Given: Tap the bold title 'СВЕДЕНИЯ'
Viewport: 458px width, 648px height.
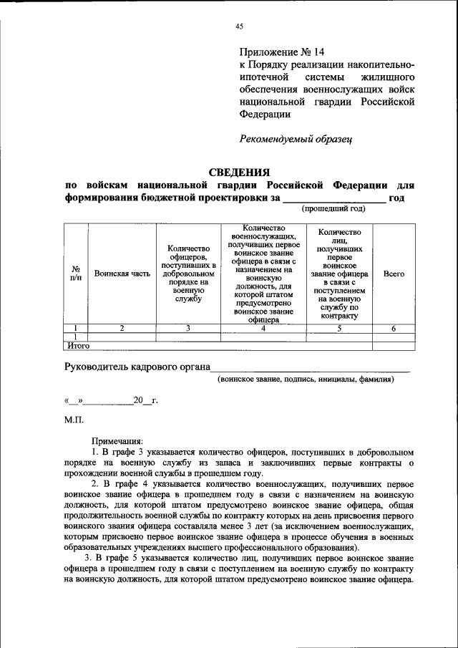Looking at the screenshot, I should click(x=239, y=173).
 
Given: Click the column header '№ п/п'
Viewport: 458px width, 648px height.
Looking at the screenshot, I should click(x=76, y=274).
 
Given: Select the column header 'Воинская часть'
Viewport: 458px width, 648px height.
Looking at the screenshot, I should click(x=122, y=274).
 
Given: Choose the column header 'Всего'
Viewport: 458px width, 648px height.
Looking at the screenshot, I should click(x=394, y=274).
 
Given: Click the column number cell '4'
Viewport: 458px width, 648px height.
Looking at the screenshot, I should click(x=263, y=328).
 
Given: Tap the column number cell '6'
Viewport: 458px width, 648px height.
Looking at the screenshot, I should click(x=394, y=328).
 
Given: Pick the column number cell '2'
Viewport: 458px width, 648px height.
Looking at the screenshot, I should click(x=122, y=328).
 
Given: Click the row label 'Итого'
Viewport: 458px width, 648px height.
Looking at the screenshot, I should click(x=78, y=345).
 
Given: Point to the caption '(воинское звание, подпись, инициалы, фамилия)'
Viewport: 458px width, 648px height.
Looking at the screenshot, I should click(x=306, y=379).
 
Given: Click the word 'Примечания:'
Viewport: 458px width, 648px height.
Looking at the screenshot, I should click(x=117, y=442).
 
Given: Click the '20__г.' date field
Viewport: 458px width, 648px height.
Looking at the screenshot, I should click(x=144, y=400).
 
